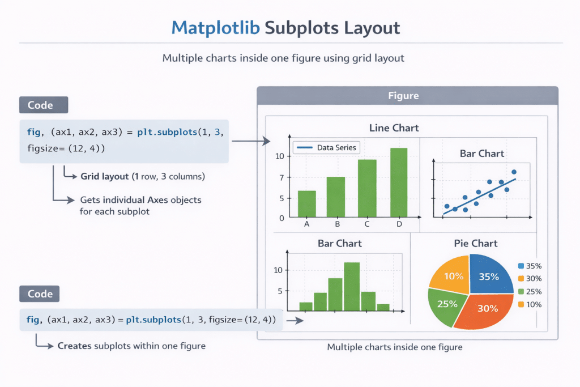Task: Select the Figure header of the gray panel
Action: pos(403,96)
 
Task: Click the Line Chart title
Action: pos(394,128)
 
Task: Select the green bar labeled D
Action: pos(399,182)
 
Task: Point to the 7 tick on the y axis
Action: pos(281,177)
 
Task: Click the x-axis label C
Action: pos(367,224)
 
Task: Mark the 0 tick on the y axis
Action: pos(282,218)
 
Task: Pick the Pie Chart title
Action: pos(476,244)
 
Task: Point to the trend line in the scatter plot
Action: pos(479,196)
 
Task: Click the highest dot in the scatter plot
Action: pos(514,172)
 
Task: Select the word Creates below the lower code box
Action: pos(75,346)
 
